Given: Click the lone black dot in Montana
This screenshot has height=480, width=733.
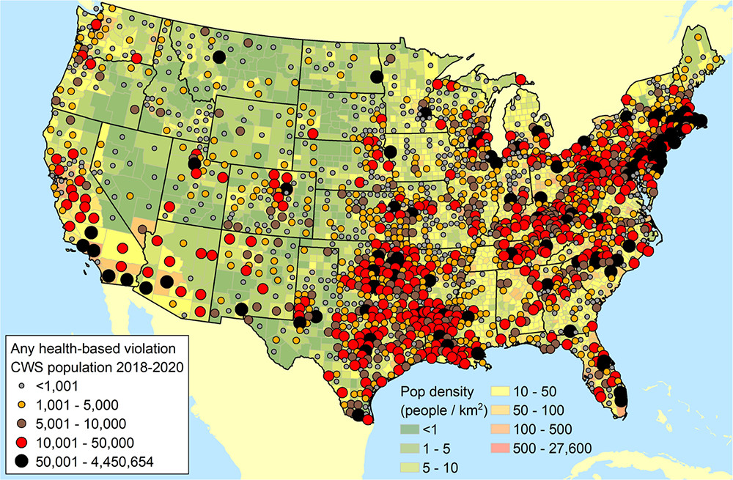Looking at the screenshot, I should pyautogui.click(x=218, y=57).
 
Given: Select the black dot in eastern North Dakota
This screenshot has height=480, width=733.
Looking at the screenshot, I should pyautogui.click(x=376, y=77).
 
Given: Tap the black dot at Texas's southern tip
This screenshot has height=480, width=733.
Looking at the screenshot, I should pyautogui.click(x=358, y=416).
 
